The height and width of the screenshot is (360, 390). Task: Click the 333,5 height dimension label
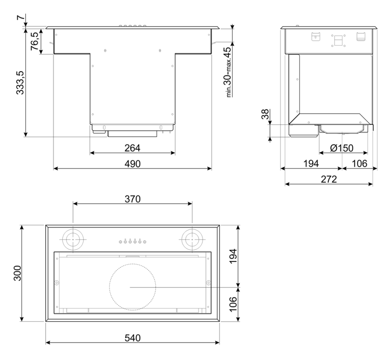click(x=20, y=83)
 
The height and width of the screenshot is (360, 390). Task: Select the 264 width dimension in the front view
click(x=132, y=148)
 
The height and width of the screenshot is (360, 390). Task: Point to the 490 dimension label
click(x=132, y=164)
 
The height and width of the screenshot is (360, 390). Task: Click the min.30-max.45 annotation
click(x=228, y=72)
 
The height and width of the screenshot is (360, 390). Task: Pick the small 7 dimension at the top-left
click(x=21, y=17)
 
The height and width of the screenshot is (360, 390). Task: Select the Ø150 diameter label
click(x=342, y=148)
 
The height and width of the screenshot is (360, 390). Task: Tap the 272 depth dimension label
click(x=329, y=179)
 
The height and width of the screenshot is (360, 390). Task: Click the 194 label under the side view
click(x=311, y=164)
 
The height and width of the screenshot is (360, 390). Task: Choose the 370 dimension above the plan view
click(x=133, y=199)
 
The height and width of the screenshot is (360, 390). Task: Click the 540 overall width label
click(x=133, y=338)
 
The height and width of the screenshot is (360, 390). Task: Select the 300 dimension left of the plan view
click(x=18, y=273)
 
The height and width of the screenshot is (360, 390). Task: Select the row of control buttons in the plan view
click(x=132, y=241)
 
